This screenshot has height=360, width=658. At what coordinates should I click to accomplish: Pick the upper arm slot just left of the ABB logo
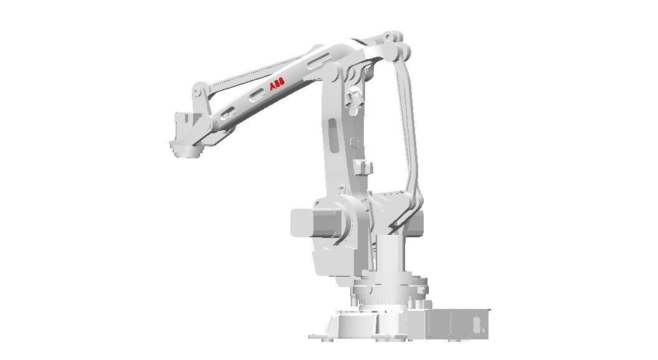(256, 95)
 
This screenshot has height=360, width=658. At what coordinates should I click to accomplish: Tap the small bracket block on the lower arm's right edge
(363, 167)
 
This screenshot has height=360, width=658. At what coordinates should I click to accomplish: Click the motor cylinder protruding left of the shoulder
(305, 222)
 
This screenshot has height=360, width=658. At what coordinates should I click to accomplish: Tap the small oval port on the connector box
(477, 325)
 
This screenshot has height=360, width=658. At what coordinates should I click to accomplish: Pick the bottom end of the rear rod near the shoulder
(399, 221)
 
